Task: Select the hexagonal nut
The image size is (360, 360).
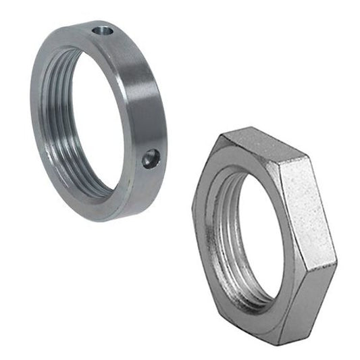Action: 263,243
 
